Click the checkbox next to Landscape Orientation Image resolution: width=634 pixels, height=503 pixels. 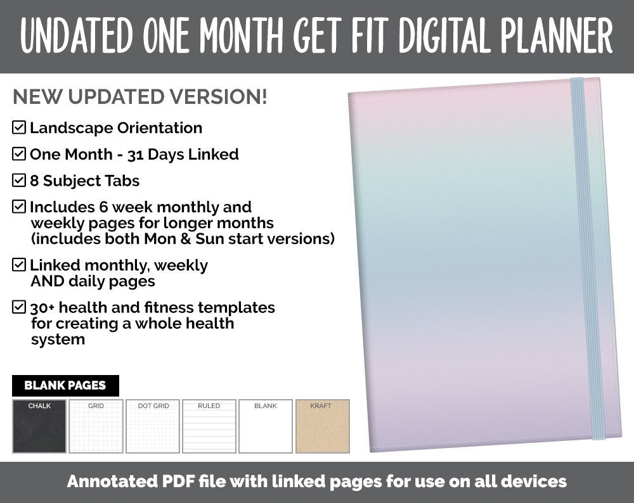19,128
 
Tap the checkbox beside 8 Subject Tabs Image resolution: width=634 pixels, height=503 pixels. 19,181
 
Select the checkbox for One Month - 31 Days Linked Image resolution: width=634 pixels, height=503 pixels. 19,154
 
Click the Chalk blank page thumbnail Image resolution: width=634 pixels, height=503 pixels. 39,426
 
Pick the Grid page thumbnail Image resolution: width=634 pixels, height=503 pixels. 96,426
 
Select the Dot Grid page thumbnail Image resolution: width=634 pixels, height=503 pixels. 153,426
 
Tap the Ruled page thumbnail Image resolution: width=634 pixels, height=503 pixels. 209,426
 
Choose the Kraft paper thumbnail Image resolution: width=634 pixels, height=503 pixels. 322,426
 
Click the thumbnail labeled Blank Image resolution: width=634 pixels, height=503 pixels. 266,426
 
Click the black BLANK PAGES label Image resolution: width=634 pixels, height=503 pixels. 65,385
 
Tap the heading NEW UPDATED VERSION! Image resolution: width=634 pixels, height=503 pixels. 139,97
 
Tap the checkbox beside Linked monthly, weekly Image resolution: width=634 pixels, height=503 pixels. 19,265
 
